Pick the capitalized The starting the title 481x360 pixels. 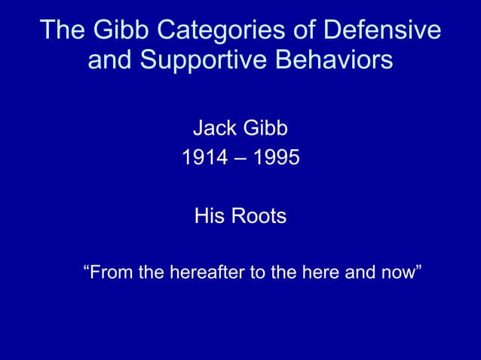(x=63, y=31)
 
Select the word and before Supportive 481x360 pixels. (x=109, y=60)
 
